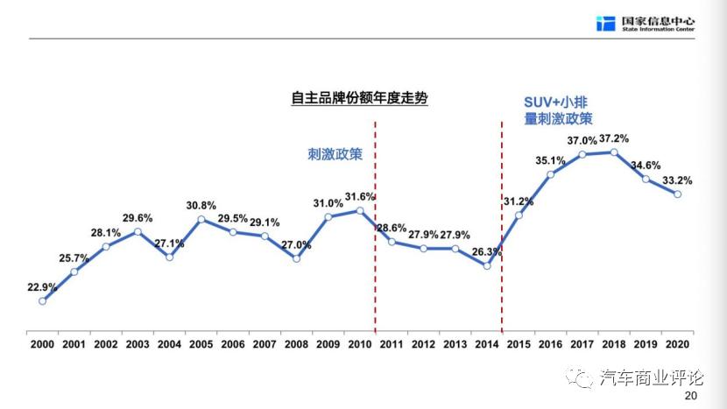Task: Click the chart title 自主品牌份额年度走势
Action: pos(359,98)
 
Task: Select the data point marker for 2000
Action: pos(42,300)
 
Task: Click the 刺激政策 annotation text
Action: pos(334,154)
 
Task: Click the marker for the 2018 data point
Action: pos(614,152)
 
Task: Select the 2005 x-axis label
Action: pos(201,344)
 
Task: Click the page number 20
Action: pos(690,397)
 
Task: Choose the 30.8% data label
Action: pos(201,205)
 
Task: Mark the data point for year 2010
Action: pos(359,210)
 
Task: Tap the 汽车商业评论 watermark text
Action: pos(652,377)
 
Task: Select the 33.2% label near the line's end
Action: pos(677,180)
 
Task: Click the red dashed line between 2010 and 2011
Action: pos(375,228)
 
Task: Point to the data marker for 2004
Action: pos(169,257)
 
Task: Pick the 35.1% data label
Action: pos(550,159)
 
